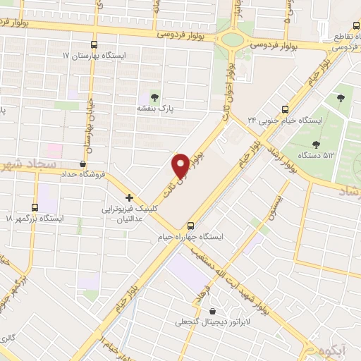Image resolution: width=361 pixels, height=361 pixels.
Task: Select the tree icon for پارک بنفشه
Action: coord(154,97)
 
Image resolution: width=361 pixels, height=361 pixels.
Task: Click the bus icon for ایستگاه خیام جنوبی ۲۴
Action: coord(285,109)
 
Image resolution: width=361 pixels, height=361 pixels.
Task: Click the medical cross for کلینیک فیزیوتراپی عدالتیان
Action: coord(128,198)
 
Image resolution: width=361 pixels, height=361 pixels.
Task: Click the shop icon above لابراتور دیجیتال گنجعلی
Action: coord(212,310)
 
